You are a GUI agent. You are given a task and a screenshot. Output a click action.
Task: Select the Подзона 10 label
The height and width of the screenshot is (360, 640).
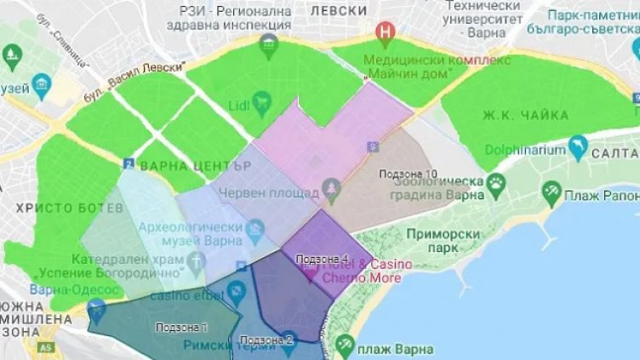(x=409, y=174)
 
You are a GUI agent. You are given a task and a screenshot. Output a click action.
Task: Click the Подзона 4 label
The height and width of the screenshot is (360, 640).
(x=322, y=258)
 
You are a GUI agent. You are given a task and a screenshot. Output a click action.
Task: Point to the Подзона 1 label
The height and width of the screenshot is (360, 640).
(x=181, y=327)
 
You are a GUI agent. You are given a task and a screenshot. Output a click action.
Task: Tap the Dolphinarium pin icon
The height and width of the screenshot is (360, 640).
(x=579, y=146)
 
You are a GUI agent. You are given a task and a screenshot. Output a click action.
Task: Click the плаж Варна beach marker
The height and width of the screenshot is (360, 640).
(x=345, y=344)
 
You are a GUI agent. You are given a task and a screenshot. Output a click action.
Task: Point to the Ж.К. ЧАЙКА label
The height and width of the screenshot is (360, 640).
(x=513, y=115)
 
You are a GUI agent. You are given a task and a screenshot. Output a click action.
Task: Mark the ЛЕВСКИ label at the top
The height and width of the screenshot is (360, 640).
(x=339, y=11)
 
